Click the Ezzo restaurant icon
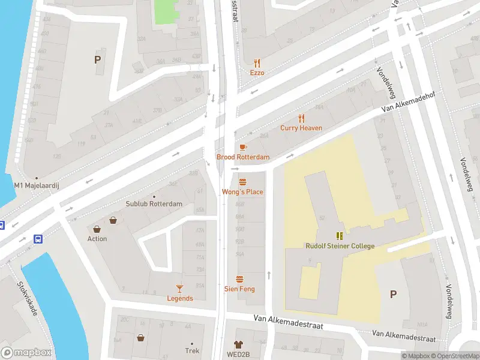tap(257, 62)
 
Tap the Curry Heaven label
tap(301, 128)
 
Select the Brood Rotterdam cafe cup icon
tap(243, 147)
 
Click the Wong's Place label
tap(242, 192)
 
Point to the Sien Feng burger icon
tap(239, 279)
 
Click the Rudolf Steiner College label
tap(340, 246)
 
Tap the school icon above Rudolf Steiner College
tap(340, 236)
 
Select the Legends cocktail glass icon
tap(179, 289)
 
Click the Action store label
tap(97, 239)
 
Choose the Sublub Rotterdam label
tap(154, 204)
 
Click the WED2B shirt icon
tap(239, 344)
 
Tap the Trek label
tap(192, 351)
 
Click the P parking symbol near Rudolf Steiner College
tap(394, 294)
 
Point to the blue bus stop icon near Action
tap(38, 238)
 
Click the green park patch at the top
tap(167, 11)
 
